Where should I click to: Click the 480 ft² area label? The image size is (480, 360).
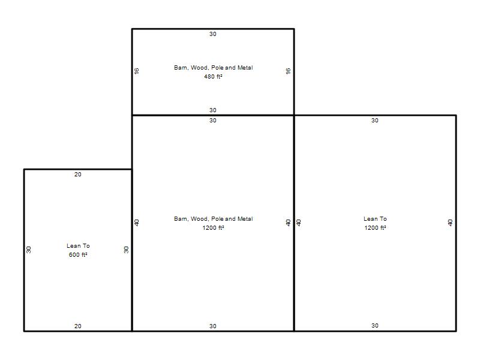213,77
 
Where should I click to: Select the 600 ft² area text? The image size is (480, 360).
78,254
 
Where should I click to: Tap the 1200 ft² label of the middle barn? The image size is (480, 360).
213,228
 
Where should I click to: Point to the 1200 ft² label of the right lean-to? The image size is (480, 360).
375,228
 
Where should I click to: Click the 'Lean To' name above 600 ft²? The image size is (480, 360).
78,246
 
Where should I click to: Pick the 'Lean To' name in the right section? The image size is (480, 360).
375,219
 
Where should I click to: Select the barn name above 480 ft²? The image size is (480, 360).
214,68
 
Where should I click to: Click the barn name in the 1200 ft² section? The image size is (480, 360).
214,219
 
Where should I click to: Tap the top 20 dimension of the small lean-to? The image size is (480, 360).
78,175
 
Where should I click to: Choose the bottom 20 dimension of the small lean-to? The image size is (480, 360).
78,326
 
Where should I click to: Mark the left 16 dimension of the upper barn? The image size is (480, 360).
137,71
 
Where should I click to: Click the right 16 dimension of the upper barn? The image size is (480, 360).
288,71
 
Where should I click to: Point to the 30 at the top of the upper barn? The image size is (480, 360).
213,34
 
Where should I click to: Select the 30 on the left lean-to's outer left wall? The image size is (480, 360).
28,250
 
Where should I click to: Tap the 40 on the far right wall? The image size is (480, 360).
450,223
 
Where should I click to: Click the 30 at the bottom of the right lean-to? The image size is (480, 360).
375,326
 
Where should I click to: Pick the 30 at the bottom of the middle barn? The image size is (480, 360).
213,326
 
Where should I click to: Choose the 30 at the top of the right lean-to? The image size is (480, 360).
375,121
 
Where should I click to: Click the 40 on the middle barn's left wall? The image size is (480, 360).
137,223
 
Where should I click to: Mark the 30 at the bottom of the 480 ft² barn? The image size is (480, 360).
213,110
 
